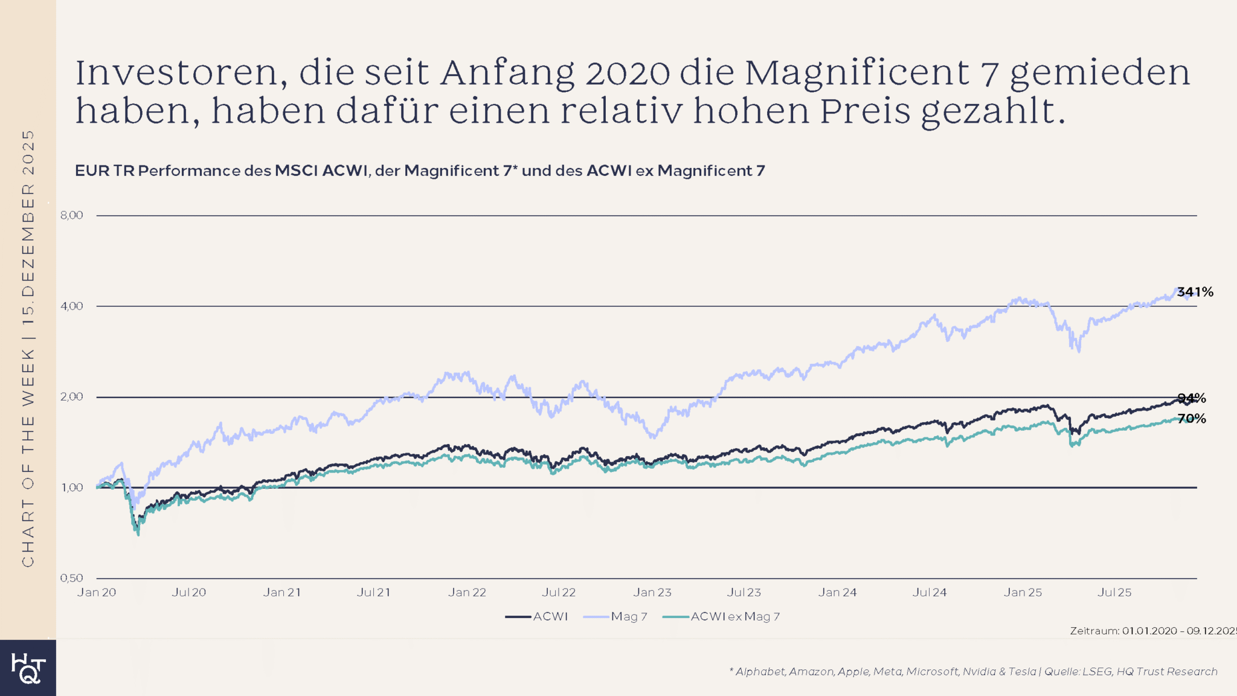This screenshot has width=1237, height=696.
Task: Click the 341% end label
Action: [1195, 292]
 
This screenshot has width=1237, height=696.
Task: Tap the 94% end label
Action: [1192, 398]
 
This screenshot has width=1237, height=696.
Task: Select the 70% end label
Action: [1192, 419]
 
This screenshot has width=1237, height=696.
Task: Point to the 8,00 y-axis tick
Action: [72, 215]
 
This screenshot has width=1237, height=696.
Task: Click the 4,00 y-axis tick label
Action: [72, 306]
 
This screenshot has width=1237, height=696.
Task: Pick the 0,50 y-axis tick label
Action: [72, 578]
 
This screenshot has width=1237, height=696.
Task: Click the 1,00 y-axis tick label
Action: [72, 488]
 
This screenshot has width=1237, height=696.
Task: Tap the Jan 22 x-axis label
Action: [467, 593]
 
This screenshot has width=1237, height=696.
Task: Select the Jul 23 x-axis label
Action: [744, 593]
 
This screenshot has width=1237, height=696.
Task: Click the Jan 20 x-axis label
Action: [97, 593]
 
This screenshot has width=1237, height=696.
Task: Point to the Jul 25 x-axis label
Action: [1114, 593]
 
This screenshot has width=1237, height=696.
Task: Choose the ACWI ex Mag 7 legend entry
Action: [722, 617]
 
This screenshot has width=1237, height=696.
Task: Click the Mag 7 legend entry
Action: [616, 617]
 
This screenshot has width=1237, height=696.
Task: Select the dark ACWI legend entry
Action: [537, 617]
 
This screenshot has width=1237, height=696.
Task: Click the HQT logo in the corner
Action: [28, 668]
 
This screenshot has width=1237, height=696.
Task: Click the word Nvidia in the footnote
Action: [979, 672]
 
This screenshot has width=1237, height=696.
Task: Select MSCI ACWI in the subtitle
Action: [321, 171]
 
